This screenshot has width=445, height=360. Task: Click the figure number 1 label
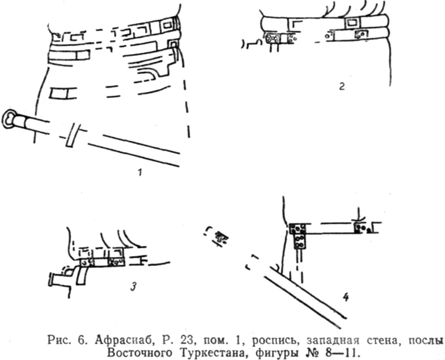point(140,172)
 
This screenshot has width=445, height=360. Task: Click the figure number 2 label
point(342,86)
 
